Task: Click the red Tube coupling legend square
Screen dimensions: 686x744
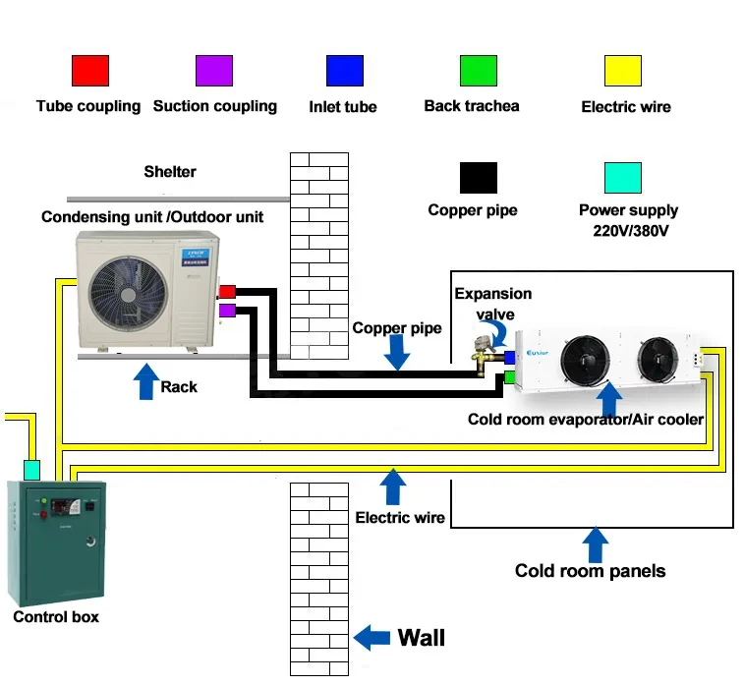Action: pos(89,71)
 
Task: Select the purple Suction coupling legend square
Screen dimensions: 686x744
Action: pos(213,71)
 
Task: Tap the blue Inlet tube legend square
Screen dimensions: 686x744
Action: pos(344,71)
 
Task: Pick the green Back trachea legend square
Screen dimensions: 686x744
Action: pos(478,71)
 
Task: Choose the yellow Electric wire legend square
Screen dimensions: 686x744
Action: pos(622,71)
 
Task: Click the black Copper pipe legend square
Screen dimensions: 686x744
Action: pos(478,178)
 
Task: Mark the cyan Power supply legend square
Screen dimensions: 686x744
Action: pos(622,178)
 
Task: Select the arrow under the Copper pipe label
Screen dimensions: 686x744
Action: pos(396,353)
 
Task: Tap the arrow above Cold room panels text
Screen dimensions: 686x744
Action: pos(594,543)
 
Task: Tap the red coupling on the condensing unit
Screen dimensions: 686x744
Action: pos(226,292)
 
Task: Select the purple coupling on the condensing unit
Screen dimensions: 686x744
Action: pos(226,311)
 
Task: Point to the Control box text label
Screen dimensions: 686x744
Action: pos(56,617)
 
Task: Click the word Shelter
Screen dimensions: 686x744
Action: pos(170,172)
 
